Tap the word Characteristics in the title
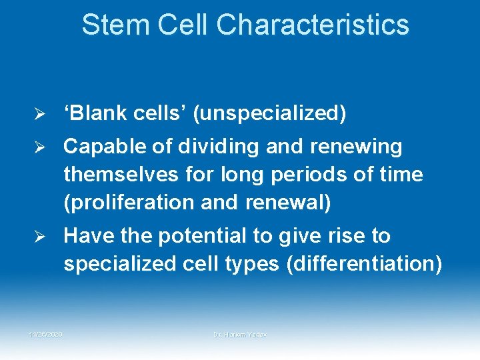point(313,25)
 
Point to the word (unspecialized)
point(270,114)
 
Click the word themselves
point(121,175)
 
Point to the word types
point(248,265)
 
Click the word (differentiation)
point(364,265)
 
